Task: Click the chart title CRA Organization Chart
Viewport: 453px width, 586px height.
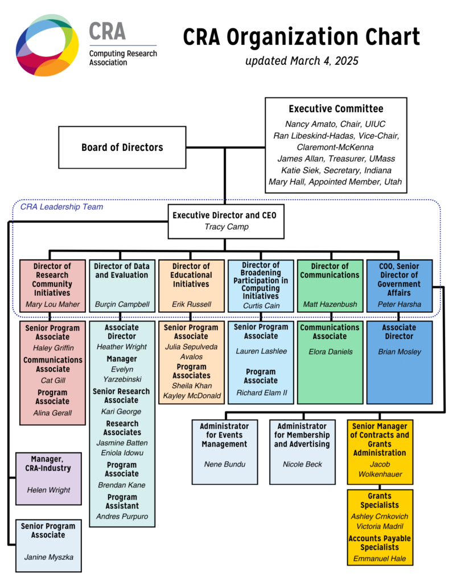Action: [x=301, y=38]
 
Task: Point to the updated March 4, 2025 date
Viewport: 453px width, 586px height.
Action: [x=302, y=60]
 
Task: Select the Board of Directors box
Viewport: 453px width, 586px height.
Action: [x=122, y=147]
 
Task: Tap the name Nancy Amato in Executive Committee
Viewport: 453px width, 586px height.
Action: [x=305, y=123]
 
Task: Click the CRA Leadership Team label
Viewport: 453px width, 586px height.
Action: [x=61, y=207]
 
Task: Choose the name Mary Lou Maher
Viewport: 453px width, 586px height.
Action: [x=52, y=304]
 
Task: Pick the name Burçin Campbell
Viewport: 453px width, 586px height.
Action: [x=121, y=304]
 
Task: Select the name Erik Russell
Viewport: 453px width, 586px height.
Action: [x=191, y=304]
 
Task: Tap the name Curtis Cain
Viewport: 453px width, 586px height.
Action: [x=261, y=306]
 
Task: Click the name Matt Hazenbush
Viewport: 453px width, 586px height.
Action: [x=330, y=304]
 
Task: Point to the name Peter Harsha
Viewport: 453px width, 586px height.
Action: [x=400, y=304]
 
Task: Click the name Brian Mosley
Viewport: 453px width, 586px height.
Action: [x=400, y=352]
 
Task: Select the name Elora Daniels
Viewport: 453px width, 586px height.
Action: [x=330, y=352]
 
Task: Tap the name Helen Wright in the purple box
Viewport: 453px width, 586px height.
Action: [x=48, y=490]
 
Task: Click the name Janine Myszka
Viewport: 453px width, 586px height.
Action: [x=48, y=557]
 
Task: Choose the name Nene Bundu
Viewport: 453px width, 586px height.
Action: [x=224, y=464]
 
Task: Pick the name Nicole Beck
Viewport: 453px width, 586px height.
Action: [x=302, y=464]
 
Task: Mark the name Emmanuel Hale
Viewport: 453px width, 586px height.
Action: [x=380, y=558]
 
